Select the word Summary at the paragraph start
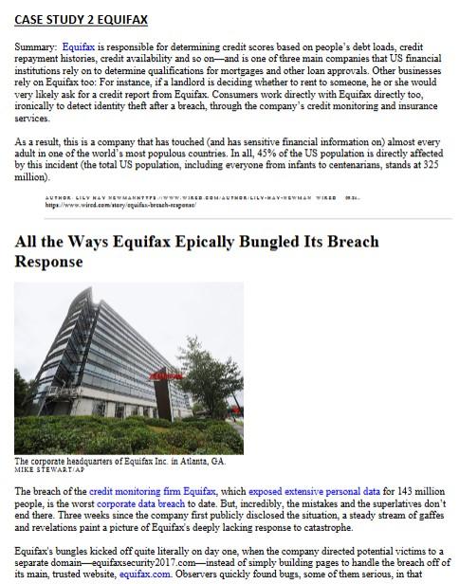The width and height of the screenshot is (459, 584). pos(36,46)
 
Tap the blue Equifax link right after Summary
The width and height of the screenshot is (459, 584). pos(79,46)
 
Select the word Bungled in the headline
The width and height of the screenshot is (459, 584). pos(321,242)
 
